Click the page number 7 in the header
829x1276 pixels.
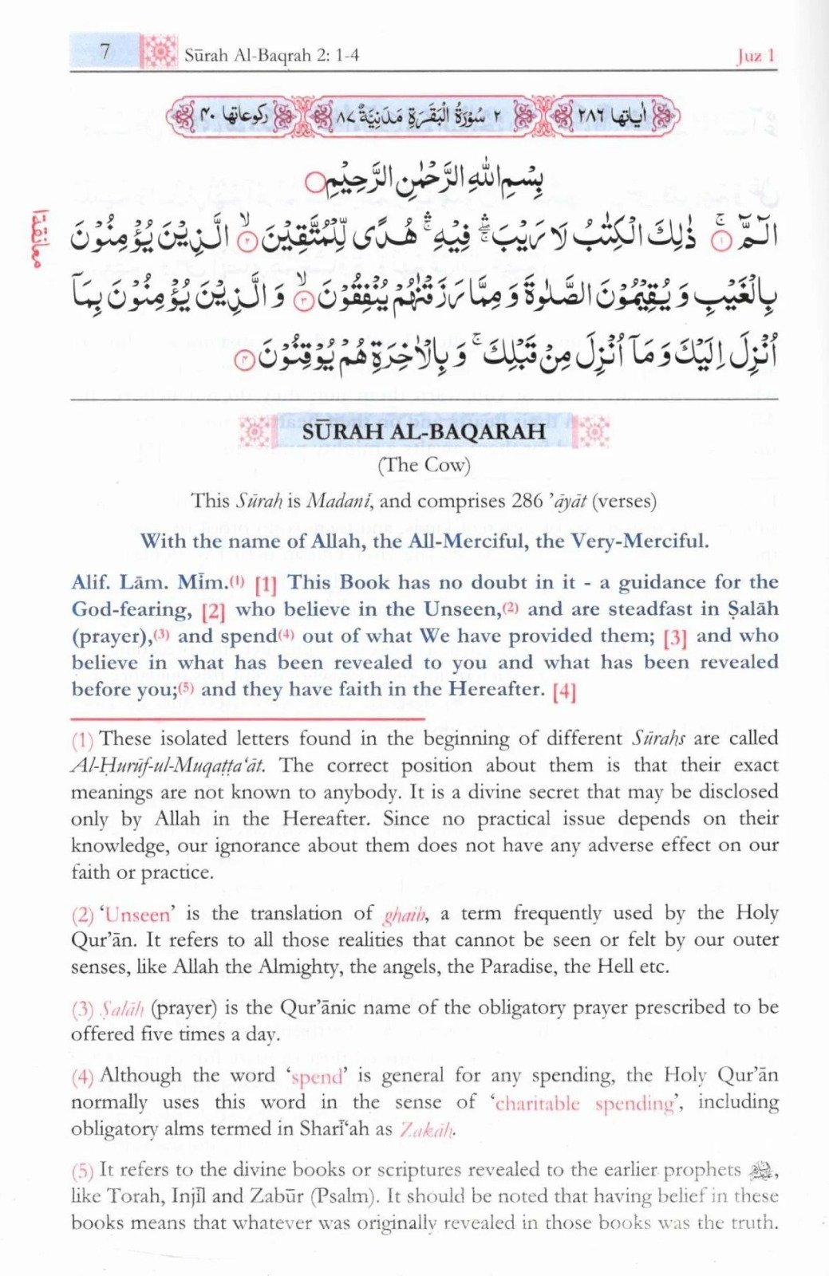(x=105, y=52)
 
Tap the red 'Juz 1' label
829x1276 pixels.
(x=755, y=56)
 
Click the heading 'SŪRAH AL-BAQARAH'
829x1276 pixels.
(x=424, y=431)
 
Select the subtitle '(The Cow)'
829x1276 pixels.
(x=424, y=465)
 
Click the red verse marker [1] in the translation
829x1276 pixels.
(x=266, y=585)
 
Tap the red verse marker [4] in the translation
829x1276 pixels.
(x=563, y=691)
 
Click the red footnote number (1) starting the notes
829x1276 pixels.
(x=82, y=740)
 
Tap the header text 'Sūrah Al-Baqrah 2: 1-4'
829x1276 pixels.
(x=271, y=55)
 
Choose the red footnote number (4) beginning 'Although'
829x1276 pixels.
(x=82, y=1077)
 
